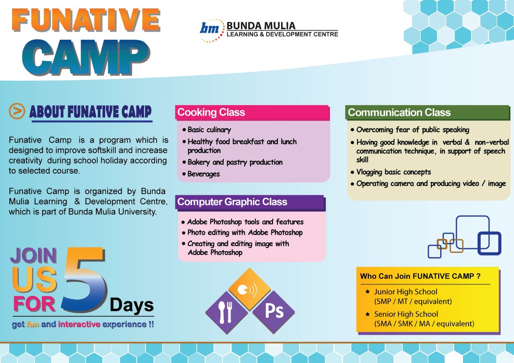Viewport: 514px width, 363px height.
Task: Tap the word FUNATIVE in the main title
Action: point(86,20)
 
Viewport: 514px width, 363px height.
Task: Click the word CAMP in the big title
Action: point(86,57)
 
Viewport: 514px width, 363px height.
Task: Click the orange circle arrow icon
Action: point(17,111)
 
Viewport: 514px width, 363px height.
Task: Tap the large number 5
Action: point(84,280)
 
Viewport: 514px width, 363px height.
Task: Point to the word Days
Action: point(132,305)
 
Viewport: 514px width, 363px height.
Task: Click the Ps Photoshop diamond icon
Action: point(274,312)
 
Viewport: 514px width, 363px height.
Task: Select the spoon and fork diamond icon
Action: point(226,312)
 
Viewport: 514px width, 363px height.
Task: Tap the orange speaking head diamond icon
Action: point(250,289)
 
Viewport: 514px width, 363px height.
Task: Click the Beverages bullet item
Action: point(201,174)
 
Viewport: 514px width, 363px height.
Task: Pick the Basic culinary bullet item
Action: point(207,130)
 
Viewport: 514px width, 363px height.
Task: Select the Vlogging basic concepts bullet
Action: point(391,172)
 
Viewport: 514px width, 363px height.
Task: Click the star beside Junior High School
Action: point(367,292)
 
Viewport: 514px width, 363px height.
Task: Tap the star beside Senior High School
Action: point(367,314)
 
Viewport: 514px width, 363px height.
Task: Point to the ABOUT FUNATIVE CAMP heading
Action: point(90,112)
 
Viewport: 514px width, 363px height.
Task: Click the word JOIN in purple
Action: point(33,255)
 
